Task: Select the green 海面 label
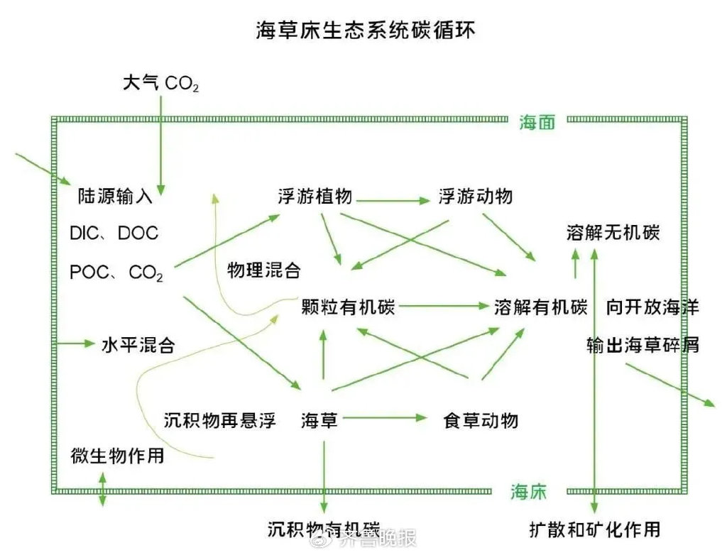(537, 122)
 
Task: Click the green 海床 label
(529, 491)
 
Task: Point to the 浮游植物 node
(315, 197)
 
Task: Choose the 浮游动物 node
(475, 197)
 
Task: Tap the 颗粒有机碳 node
(348, 307)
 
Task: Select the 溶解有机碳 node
(541, 307)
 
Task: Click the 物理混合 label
(263, 270)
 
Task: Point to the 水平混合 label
(138, 345)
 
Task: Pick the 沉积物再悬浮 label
(219, 419)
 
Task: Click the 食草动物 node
(480, 420)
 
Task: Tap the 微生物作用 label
(117, 455)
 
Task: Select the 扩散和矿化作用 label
(595, 529)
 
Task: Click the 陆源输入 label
(115, 197)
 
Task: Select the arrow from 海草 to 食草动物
(383, 419)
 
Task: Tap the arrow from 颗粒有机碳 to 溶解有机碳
(444, 307)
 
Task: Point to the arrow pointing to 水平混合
(74, 344)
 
